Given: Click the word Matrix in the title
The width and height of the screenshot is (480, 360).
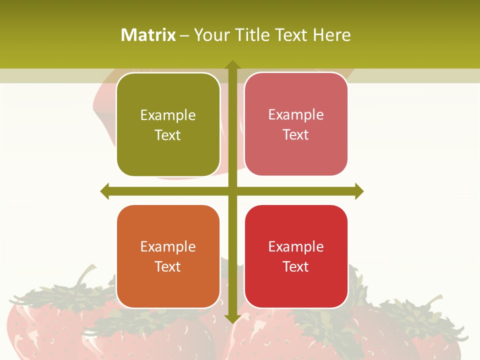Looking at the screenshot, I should click(148, 35).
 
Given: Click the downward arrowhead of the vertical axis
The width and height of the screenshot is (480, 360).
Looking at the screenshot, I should click(232, 318).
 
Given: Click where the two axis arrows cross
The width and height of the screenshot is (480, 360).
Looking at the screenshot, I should click(232, 191).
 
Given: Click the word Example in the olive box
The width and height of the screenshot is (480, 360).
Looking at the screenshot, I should click(168, 115).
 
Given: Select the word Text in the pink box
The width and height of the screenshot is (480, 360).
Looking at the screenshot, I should click(296, 135).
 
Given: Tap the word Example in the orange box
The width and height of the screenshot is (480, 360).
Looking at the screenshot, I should click(168, 247).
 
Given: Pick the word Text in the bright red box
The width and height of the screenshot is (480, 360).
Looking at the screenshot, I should click(296, 267).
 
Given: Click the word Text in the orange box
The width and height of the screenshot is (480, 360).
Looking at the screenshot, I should click(168, 267).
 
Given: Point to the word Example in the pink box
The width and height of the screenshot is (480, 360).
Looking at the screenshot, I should click(296, 115).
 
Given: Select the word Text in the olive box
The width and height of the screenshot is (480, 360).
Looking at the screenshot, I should click(168, 135).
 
